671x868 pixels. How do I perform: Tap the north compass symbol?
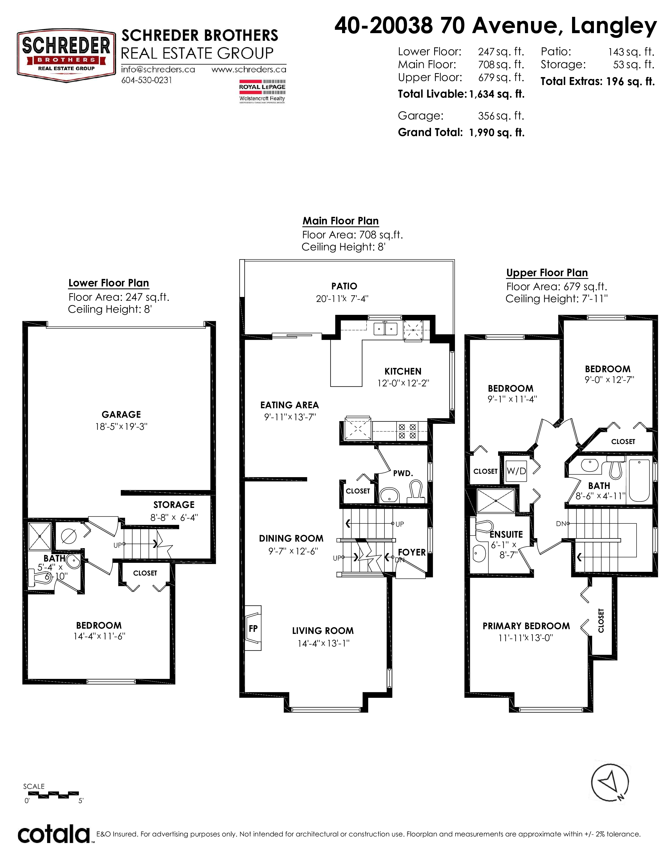(x=610, y=782)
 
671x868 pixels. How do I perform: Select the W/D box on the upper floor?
(x=516, y=471)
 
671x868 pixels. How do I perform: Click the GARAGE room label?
(x=121, y=415)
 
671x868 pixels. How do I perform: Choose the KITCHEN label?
(x=403, y=371)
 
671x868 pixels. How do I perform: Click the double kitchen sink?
(x=385, y=328)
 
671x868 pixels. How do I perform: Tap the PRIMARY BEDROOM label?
(x=526, y=626)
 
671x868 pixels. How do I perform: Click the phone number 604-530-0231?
(x=147, y=80)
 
